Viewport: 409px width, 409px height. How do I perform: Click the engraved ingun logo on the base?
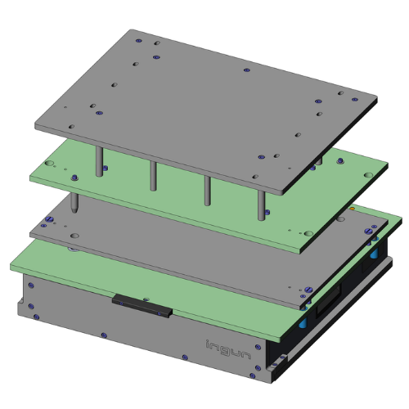click(228, 349)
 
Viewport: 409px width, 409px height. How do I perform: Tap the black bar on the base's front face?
click(142, 305)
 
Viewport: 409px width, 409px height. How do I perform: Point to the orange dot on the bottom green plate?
click(352, 209)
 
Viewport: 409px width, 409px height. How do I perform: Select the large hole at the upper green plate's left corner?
click(49, 164)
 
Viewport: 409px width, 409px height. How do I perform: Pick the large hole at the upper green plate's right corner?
click(368, 175)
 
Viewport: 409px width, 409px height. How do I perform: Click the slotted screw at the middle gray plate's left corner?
click(50, 219)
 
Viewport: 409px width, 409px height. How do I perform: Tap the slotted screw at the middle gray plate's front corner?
click(308, 289)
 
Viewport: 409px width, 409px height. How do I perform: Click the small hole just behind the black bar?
click(146, 299)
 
